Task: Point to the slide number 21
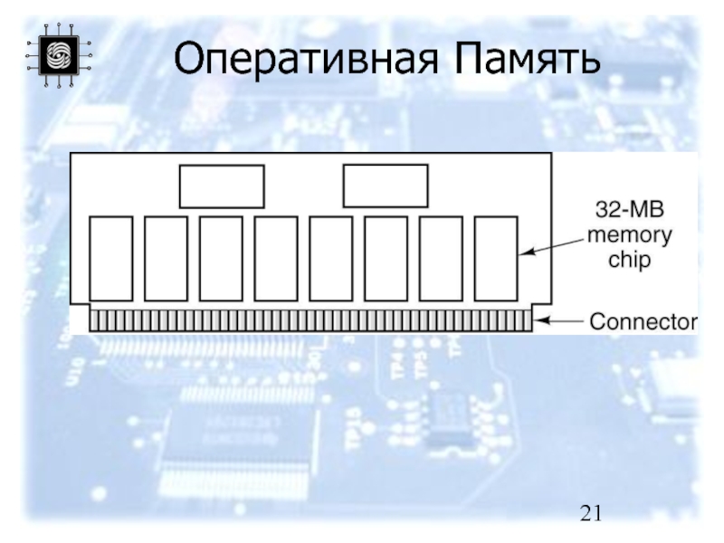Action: click(591, 515)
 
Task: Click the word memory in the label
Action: click(630, 236)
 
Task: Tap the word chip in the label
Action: click(630, 259)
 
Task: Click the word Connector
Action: click(643, 321)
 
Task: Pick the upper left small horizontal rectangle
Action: click(221, 186)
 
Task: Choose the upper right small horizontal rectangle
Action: click(385, 186)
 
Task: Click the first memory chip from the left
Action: click(110, 258)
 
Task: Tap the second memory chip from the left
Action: click(166, 258)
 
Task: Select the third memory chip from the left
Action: click(221, 258)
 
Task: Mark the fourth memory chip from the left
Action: click(276, 258)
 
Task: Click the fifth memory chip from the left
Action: click(330, 258)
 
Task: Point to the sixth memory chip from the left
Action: click(386, 258)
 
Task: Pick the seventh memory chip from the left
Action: click(441, 258)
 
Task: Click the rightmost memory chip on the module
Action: click(495, 258)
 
